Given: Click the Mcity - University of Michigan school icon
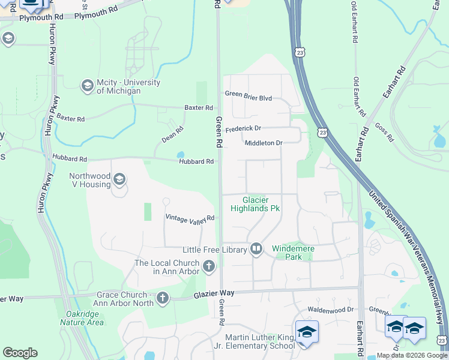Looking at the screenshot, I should point(87,86).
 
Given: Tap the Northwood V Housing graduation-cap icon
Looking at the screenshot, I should point(119,179).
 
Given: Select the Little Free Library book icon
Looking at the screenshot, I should point(256,249).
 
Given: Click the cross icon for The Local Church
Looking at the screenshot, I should point(209,266).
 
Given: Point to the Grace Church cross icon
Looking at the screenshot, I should point(162,298).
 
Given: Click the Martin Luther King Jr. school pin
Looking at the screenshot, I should point(306,332).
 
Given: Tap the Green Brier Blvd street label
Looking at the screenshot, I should point(249,94).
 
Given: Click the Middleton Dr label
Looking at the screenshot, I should point(263,143).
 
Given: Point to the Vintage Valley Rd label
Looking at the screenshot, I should point(190,218).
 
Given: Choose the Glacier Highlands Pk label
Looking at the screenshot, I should point(256,204).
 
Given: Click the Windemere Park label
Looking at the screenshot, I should point(294,252).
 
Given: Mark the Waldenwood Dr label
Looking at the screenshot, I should point(331,310).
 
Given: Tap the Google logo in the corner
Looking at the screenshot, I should point(20,353).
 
